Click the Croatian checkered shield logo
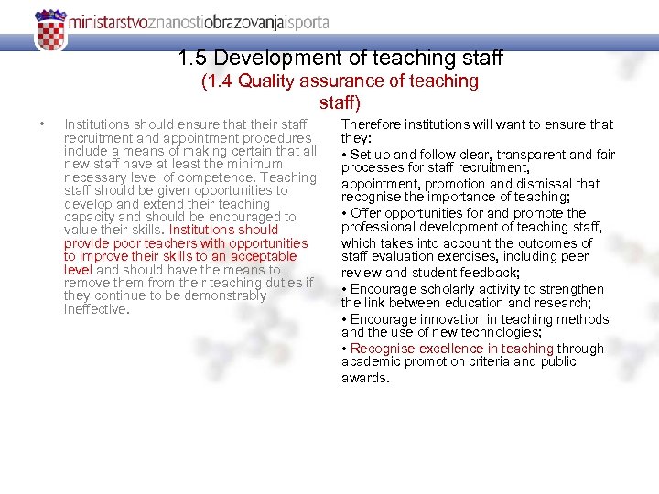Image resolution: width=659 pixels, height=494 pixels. pyautogui.click(x=51, y=30)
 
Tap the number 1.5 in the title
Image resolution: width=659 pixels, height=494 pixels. pyautogui.click(x=193, y=58)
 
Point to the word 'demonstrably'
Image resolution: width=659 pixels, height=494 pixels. pyautogui.click(x=223, y=295)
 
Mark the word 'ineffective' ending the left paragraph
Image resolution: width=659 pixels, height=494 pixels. pyautogui.click(x=95, y=309)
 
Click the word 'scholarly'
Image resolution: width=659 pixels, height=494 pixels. pyautogui.click(x=448, y=289)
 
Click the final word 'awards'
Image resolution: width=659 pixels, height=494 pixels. pyautogui.click(x=363, y=377)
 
